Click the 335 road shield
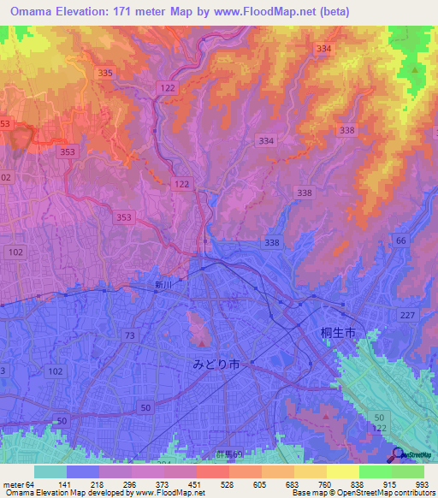point(105,74)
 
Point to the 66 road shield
point(401,241)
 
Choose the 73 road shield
point(129,335)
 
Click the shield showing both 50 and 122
point(380,421)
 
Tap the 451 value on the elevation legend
point(194,483)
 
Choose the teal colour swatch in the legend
point(50,471)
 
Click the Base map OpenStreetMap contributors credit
point(364,493)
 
